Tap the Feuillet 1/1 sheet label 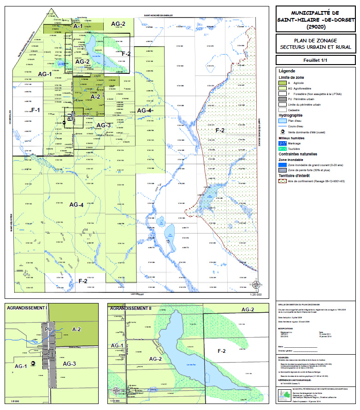315,60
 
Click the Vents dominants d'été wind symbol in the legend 282,131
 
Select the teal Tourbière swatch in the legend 282,149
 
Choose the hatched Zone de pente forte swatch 282,170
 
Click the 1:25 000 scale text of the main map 255,294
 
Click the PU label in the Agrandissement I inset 49,329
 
